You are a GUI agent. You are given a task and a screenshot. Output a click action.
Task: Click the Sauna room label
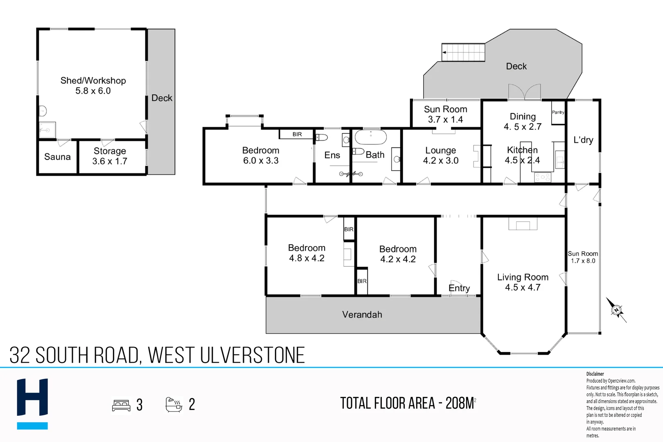tap(57, 157)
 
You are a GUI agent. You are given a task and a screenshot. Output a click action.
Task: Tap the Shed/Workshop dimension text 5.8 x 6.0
tap(93, 91)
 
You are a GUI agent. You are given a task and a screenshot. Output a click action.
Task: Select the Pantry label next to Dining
tap(558, 112)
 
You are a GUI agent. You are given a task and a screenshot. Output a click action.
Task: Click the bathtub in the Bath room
tap(370, 137)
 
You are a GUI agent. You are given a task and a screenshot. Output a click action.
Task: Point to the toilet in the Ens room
tap(322, 137)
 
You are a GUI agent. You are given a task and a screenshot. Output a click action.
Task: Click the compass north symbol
tap(616, 310)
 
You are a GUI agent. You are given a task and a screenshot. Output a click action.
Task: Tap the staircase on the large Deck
tap(463, 52)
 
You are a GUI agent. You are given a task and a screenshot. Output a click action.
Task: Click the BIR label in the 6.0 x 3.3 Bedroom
tap(297, 134)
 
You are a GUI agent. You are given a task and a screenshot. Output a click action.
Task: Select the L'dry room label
tap(583, 140)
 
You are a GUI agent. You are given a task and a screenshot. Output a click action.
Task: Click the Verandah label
tap(362, 315)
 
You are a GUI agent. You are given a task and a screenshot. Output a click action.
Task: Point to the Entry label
tap(459, 288)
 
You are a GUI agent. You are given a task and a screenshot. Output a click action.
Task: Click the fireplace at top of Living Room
tap(523, 224)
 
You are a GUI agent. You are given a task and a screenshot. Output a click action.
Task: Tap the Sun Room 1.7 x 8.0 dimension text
tap(583, 261)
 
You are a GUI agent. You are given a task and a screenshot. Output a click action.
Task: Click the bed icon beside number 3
tap(121, 405)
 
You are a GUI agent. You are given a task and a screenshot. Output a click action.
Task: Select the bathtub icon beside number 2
tap(174, 404)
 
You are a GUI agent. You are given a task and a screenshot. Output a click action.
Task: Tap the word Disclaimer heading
tap(595, 374)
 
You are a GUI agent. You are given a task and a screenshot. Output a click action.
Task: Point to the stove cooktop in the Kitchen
tap(543, 177)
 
